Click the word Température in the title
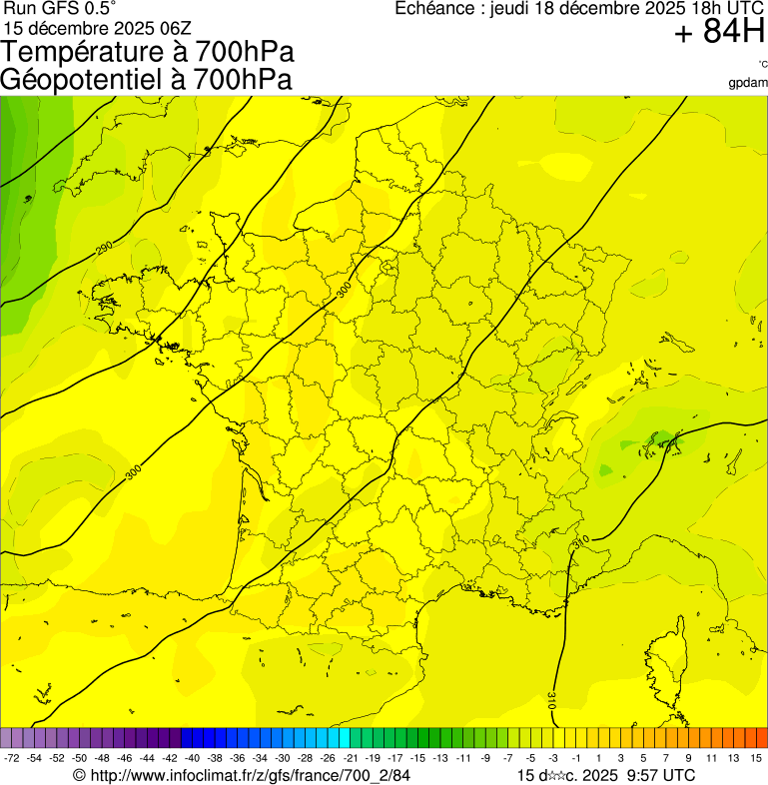coord(86,51)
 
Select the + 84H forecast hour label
coord(718,32)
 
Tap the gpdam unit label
coord(748,82)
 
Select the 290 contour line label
coord(105,247)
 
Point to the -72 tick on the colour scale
coord(12,758)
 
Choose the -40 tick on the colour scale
coord(193,758)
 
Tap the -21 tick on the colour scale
coord(352,758)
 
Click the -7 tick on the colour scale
coord(508,758)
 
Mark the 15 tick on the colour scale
coord(756,758)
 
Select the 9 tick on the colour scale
coord(689,758)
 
